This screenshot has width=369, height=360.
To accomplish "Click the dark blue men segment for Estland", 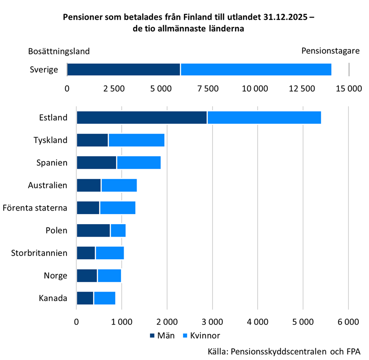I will pos(142,117).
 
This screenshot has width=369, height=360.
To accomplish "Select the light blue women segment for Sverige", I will pos(256,70).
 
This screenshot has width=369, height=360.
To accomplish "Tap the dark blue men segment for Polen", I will pos(93,230).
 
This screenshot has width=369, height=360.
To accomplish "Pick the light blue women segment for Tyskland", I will pos(136,140).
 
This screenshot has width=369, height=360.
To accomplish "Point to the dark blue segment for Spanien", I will pos(97,162).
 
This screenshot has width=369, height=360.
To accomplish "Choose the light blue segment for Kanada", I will pos(104,298).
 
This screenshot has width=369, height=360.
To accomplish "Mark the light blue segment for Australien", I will pos(119,185).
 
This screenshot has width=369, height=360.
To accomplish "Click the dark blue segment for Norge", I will pos(87,275).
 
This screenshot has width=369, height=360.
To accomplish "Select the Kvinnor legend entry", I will pos(200,335).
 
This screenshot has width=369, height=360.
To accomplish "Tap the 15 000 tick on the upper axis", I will pos(348,89).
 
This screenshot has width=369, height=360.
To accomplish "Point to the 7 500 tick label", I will pos(208,89).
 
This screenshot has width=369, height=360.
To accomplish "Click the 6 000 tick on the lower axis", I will pos(348,322).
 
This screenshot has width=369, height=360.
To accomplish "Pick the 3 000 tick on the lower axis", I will pos(213,322).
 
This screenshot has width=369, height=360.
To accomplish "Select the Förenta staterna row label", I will pos(35,208).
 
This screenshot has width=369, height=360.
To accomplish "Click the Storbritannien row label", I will pos(39,253).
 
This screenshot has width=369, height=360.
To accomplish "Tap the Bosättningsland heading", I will pos(59,51).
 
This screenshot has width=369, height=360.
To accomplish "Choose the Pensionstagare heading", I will pos(330,51).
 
